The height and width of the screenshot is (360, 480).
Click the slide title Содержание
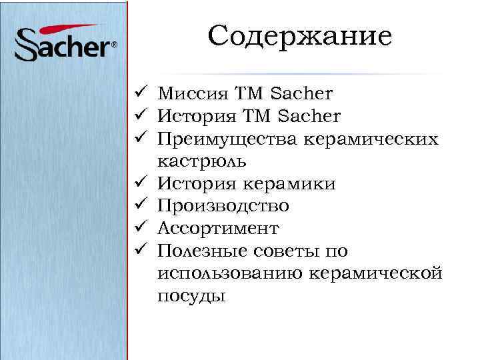(x=299, y=36)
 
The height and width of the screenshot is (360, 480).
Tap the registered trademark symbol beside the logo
(x=114, y=45)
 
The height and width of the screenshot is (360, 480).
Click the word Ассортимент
(x=218, y=229)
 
